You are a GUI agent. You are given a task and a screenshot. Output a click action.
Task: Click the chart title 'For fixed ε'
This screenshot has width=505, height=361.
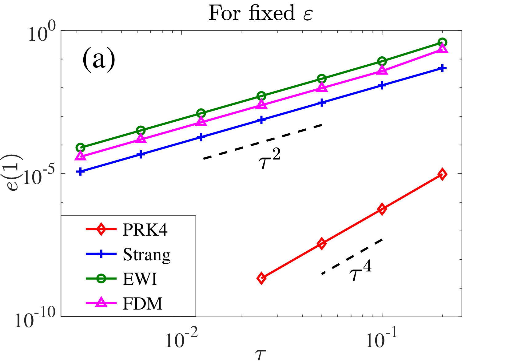pyautogui.click(x=260, y=13)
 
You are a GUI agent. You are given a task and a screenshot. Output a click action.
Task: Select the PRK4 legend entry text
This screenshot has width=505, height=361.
pyautogui.click(x=145, y=230)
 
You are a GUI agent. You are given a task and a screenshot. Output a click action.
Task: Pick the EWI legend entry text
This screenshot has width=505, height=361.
pyautogui.click(x=140, y=279)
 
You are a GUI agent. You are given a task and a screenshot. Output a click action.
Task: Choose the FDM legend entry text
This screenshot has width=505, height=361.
pyautogui.click(x=142, y=304)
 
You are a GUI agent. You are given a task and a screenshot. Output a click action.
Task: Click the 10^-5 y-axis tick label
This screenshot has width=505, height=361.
pyautogui.click(x=39, y=175)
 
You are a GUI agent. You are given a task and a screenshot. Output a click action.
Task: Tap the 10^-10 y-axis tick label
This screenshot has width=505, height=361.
pyautogui.click(x=35, y=318)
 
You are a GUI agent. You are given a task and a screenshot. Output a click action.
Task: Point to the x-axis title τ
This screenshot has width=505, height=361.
pyautogui.click(x=260, y=355)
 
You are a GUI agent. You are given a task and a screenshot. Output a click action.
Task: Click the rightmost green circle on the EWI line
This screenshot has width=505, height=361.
pyautogui.click(x=442, y=43)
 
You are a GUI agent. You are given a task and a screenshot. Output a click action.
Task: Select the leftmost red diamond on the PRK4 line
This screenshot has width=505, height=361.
pyautogui.click(x=261, y=278)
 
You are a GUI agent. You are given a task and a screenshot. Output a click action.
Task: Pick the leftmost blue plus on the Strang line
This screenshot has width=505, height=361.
pyautogui.click(x=80, y=172)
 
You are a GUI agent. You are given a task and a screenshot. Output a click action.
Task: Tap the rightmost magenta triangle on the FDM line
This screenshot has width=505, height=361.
pyautogui.click(x=442, y=48)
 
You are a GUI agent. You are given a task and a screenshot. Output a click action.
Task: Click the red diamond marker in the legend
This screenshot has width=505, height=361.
pyautogui.click(x=101, y=229)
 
